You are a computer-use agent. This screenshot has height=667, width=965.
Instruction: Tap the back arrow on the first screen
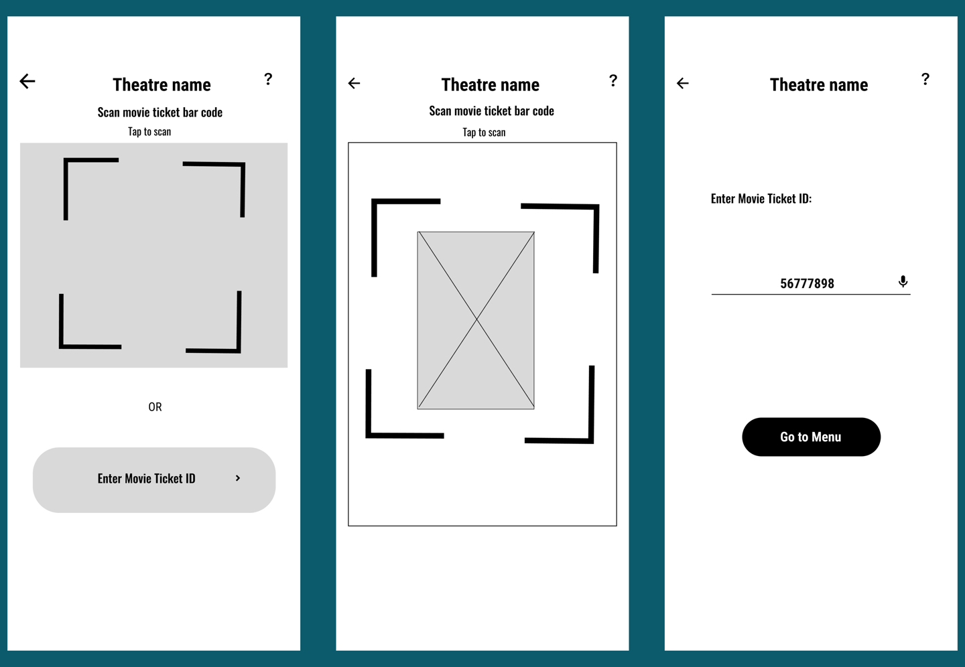pos(27,82)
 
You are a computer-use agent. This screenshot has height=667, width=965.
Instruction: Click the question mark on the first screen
pos(268,79)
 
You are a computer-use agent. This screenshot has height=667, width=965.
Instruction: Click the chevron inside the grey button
pos(238,478)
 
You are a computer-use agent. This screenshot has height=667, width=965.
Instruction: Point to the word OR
pos(155,406)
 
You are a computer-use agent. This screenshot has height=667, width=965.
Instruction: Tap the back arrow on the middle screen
pos(355,83)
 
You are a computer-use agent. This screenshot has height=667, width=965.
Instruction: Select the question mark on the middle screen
pos(613,80)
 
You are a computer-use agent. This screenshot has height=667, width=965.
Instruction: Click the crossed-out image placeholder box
pos(476,320)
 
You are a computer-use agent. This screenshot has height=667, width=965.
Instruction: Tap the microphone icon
pos(903,281)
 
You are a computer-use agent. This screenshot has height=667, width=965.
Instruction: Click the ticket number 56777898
pos(807,283)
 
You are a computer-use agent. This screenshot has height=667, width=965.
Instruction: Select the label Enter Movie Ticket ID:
pos(761,198)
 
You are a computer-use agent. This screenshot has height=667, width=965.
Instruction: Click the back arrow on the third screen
pos(683,83)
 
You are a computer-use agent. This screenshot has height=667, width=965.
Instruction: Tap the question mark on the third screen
pos(925,79)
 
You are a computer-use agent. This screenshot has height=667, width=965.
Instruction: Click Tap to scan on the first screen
pos(149,131)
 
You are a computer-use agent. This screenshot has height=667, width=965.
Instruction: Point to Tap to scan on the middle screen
pos(484,132)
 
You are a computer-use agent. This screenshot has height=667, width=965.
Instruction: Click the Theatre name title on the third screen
pos(818,84)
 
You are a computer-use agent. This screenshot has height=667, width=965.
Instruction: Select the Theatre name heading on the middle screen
pos(490,84)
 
